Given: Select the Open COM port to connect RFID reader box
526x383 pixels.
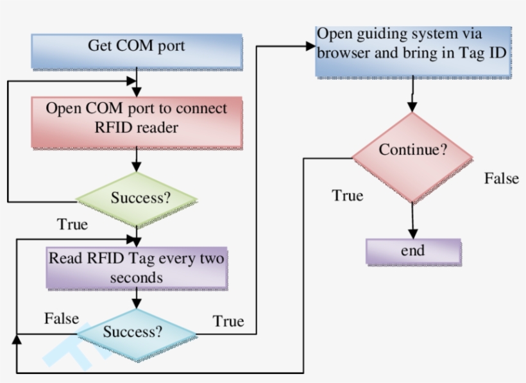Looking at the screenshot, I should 136,119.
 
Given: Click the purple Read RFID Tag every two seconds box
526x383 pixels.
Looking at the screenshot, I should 137,268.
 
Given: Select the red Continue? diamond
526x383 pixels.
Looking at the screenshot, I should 412,151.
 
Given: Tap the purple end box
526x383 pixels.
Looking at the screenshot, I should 413,251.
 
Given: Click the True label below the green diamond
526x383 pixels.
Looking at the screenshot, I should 72,225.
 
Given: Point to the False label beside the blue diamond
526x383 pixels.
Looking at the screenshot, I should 62,318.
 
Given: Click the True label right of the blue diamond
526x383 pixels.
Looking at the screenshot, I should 228,321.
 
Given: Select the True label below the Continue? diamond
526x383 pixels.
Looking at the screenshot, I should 348,195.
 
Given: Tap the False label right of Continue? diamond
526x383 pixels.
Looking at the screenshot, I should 501,178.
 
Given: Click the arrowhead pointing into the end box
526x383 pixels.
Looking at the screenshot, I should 413,234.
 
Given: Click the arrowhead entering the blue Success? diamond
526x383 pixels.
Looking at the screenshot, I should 137,306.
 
